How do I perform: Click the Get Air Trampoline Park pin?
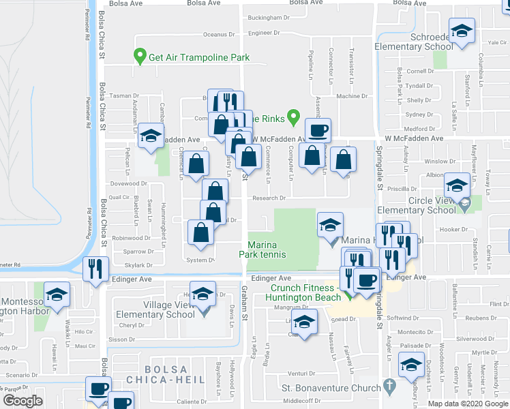(140, 55)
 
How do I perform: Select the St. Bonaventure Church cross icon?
(389, 387)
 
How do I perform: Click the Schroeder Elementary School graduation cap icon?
(462, 31)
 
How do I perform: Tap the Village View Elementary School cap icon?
(202, 295)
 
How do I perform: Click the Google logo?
(22, 401)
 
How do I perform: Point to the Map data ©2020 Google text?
(468, 404)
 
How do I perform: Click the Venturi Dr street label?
(301, 374)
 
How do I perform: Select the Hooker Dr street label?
(454, 230)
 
